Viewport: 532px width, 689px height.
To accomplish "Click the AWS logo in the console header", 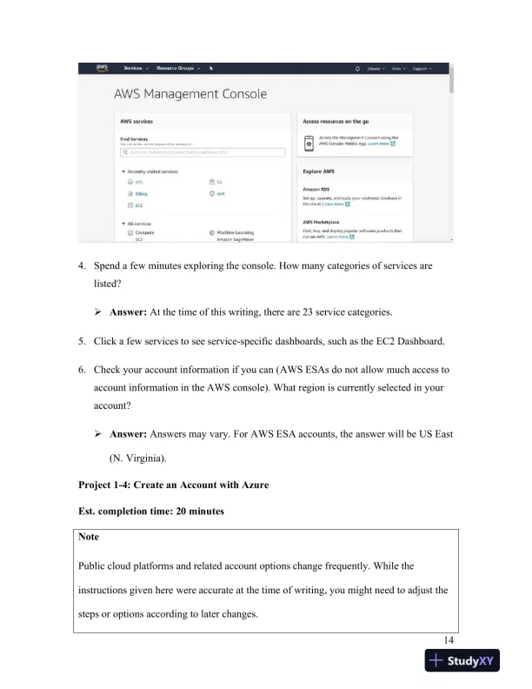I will (x=103, y=68).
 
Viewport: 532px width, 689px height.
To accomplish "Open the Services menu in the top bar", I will (x=136, y=68).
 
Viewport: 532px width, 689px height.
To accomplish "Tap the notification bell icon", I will (x=357, y=68).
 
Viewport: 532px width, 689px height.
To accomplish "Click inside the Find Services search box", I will (x=204, y=151).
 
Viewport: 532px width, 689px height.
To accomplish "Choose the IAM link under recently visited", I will (x=221, y=194).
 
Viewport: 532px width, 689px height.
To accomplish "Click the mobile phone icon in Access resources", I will (x=309, y=141).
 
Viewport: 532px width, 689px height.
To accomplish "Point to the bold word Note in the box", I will (x=90, y=537).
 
